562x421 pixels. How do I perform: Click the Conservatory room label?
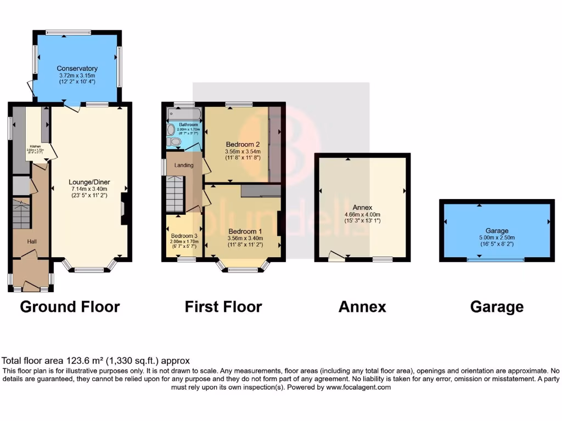[77, 69]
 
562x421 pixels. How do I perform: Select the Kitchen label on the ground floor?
[35, 147]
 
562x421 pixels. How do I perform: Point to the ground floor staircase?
[21, 215]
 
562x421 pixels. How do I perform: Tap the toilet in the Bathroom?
[175, 141]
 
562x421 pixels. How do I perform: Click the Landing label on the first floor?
[183, 165]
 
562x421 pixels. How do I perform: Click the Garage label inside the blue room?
[497, 231]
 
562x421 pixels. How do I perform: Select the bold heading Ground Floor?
[70, 306]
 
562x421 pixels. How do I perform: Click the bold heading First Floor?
[223, 306]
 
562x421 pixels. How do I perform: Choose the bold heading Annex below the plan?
[362, 306]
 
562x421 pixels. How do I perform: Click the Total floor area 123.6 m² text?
[96, 361]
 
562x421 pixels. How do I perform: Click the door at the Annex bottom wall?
[336, 256]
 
